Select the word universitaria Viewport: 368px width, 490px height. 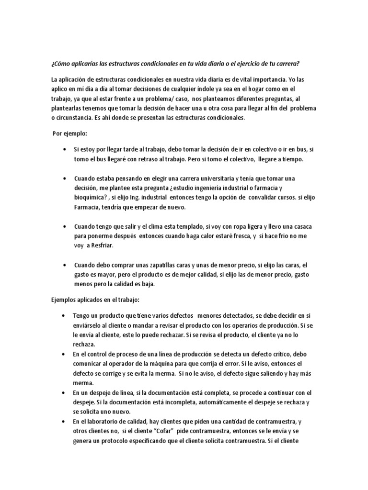[x=207, y=178]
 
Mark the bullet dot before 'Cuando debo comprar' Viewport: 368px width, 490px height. [x=64, y=265]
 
